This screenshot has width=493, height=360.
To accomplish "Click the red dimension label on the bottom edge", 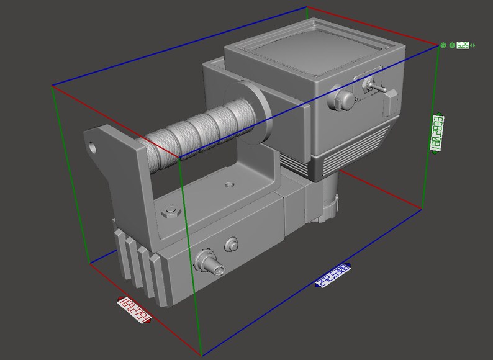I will pos(135,311).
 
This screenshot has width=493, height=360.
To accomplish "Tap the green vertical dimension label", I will pos(438,132).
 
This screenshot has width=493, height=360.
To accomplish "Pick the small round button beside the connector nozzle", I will pos(232,245).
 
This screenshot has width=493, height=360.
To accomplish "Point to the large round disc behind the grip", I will pos(261,114).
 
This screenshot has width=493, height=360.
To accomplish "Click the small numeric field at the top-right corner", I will pos(463,45).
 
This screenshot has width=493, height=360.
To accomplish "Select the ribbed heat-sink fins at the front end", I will pos(140,267).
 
